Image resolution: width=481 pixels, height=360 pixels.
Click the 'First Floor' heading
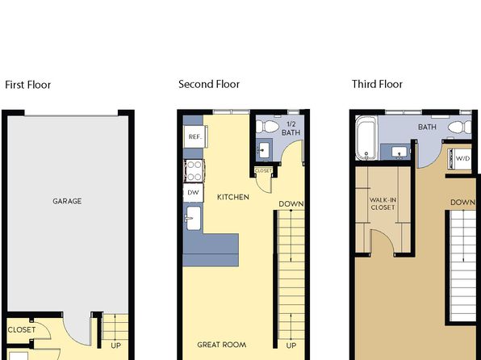28,85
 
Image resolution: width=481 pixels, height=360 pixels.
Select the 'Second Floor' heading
209,84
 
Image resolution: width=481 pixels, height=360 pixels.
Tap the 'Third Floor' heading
377,84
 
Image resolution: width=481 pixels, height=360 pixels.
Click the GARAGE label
67,201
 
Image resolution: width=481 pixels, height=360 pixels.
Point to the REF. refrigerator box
195,136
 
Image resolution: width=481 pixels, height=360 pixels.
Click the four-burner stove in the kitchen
194,170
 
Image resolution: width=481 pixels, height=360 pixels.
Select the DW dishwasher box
193,192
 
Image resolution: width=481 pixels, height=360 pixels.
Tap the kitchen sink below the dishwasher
194,218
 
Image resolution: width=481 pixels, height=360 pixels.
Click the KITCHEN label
233,197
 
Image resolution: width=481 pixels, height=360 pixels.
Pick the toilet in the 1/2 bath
267,126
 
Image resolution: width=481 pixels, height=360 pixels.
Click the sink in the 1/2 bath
264,150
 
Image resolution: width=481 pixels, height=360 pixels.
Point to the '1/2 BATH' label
291,128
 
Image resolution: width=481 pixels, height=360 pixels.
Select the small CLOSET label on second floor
263,170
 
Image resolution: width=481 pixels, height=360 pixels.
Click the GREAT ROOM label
222,345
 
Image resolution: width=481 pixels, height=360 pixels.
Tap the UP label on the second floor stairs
291,346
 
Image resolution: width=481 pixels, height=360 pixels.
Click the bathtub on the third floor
366,138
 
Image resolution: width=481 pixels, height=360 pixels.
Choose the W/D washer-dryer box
460,159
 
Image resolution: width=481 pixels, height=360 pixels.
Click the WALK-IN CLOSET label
383,203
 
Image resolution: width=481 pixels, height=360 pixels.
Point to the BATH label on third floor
427,127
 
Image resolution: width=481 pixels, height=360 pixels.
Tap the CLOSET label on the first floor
22,330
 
